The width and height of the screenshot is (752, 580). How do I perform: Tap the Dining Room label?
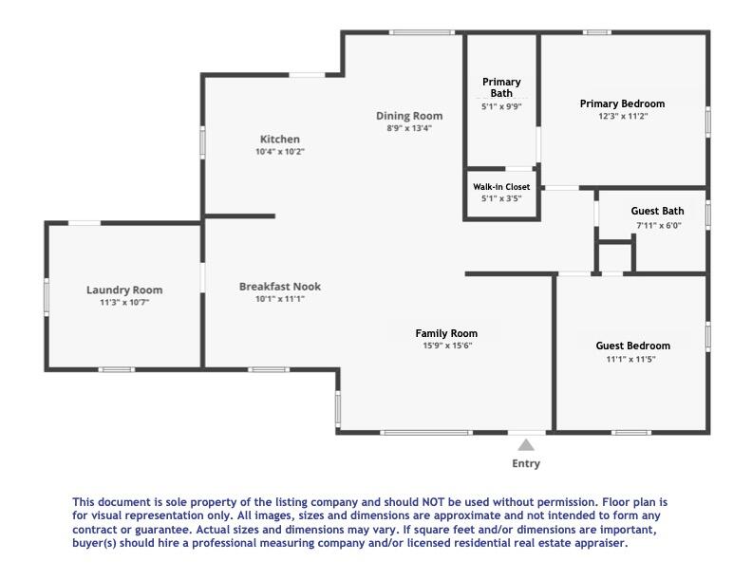click(408, 116)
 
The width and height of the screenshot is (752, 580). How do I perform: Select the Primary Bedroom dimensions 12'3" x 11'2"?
click(622, 116)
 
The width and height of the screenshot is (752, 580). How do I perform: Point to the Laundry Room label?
click(124, 290)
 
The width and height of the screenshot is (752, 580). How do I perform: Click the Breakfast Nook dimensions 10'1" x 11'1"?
click(279, 298)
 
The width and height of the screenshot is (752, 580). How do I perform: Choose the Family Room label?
click(446, 333)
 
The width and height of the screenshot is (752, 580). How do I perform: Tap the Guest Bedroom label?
click(632, 346)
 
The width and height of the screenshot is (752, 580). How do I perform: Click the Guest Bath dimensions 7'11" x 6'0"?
click(658, 225)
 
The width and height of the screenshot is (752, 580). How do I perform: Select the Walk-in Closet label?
click(501, 187)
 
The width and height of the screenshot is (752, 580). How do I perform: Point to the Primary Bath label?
click(501, 87)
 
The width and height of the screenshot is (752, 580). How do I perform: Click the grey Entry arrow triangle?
click(526, 444)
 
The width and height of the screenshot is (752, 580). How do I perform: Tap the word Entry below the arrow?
click(526, 464)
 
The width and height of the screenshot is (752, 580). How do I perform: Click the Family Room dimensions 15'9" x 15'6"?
click(446, 346)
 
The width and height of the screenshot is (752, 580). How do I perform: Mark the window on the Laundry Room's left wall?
click(46, 296)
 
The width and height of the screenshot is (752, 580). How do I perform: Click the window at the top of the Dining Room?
click(421, 33)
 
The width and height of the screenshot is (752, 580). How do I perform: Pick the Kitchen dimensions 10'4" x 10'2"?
click(279, 151)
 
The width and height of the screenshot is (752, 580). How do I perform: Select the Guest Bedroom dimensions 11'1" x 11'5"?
click(632, 359)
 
